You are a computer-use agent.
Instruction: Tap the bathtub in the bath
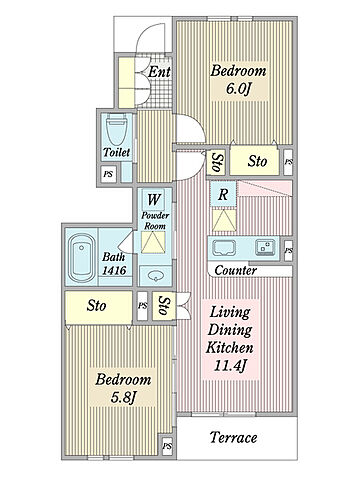[81, 257]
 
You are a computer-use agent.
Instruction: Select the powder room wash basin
[156, 276]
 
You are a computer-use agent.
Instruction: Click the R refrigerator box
[223, 195]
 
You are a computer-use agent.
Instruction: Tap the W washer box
[154, 199]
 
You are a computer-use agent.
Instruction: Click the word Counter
[235, 270]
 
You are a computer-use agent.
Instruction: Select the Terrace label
[234, 437]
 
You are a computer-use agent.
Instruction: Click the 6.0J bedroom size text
[238, 88]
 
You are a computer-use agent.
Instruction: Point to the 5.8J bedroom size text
[124, 397]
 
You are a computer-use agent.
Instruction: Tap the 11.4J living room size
[230, 366]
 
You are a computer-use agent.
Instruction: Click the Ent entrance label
[159, 72]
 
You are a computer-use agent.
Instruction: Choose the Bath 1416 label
[114, 264]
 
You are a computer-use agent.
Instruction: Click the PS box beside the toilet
[108, 174]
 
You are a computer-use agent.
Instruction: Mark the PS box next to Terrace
[168, 446]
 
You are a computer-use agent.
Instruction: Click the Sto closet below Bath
[98, 306]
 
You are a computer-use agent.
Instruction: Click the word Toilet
[116, 153]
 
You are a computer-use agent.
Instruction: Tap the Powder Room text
[155, 221]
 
